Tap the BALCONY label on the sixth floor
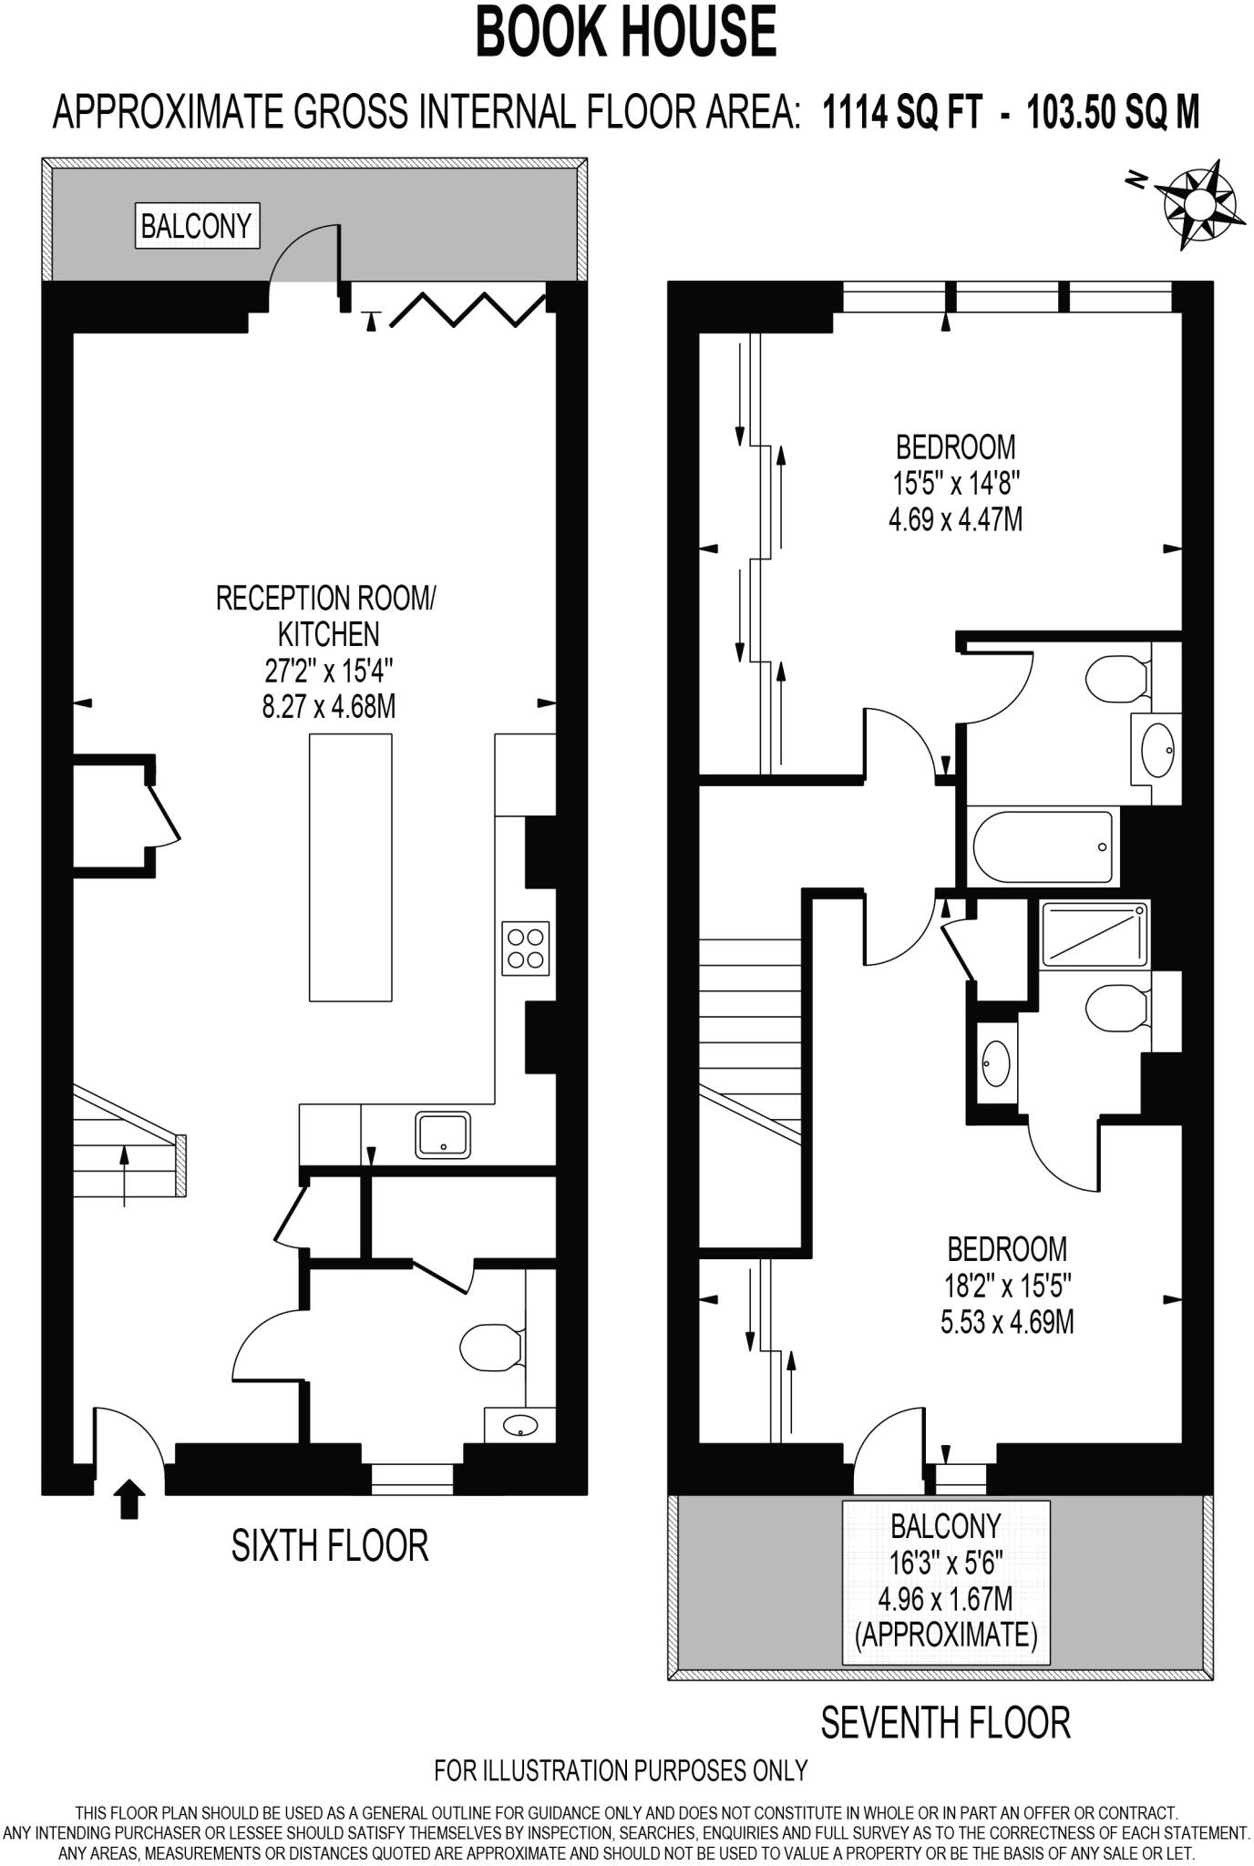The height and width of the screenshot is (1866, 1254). (196, 225)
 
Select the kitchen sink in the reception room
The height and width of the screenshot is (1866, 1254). (443, 1134)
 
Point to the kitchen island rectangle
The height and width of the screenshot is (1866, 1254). (351, 867)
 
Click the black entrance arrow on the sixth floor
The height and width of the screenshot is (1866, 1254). (130, 1499)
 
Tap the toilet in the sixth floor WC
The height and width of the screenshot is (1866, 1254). (491, 1347)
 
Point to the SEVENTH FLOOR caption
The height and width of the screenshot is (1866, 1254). (945, 1722)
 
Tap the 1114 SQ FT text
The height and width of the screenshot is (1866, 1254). (902, 114)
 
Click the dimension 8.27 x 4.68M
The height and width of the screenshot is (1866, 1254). (329, 706)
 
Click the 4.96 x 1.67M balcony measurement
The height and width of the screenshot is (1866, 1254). (945, 1599)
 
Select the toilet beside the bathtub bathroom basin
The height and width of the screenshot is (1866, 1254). (1116, 679)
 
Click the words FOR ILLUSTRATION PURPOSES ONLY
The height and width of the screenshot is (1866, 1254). (622, 1769)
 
